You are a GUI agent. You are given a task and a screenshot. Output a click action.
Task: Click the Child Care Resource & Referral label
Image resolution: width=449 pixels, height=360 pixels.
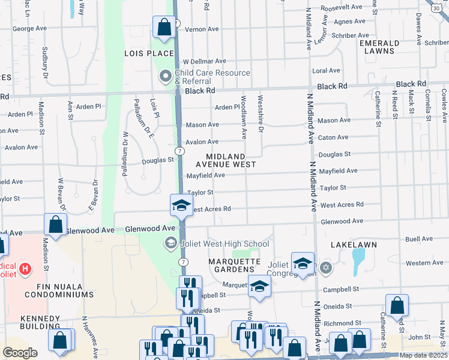(212, 77)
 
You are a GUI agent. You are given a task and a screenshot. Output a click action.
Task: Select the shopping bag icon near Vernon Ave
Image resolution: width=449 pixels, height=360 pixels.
(163, 27)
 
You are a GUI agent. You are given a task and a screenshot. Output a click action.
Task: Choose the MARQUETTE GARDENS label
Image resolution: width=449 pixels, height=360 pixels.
(234, 265)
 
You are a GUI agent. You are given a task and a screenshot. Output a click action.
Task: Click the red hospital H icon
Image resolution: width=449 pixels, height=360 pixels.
(25, 268)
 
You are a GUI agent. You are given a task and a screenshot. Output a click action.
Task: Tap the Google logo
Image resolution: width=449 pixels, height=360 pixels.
(20, 353)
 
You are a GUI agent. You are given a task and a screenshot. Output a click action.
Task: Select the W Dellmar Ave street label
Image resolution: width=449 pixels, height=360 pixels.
(204, 61)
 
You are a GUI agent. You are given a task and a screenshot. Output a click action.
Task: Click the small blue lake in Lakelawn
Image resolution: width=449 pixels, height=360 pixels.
(358, 259)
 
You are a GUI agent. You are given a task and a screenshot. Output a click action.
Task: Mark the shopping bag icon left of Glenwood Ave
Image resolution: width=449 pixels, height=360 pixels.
(55, 226)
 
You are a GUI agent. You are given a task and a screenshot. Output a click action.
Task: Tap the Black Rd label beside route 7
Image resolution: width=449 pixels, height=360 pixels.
(200, 91)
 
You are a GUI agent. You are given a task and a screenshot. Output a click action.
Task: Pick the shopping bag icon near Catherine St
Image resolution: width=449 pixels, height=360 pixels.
(397, 305)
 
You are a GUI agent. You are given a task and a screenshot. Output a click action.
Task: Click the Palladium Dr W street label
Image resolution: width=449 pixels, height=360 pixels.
(125, 147)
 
